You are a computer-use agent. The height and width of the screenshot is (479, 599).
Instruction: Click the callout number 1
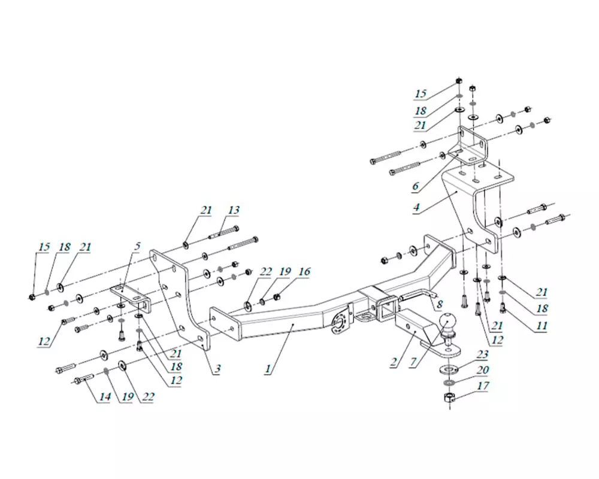coord(268,369)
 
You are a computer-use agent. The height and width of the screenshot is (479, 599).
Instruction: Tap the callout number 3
coord(217,369)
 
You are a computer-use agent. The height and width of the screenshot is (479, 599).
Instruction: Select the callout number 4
coord(416,207)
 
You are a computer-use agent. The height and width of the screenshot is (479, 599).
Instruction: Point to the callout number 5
coord(137,246)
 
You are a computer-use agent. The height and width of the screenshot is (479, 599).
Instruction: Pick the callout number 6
coord(415,186)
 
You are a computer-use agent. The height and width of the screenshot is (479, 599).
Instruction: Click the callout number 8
coord(440,304)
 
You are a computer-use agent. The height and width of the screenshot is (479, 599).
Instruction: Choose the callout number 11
coord(541,326)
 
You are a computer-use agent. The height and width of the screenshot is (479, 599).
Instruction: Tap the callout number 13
coord(234,210)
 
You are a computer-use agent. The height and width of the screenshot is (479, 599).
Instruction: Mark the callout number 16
coord(304,272)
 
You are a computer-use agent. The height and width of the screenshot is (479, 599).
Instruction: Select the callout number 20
coord(482,370)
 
